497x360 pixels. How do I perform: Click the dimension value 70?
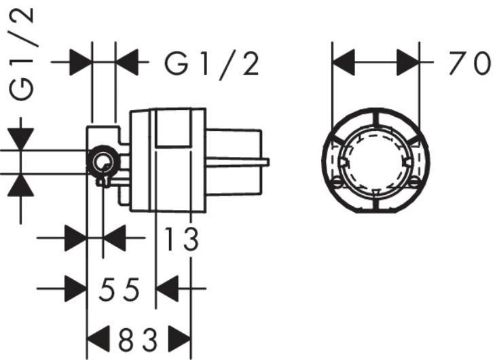click(468, 65)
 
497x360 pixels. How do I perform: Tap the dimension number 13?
click(182, 239)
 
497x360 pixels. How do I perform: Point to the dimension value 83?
click(139, 338)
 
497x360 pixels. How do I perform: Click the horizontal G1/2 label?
click(213, 65)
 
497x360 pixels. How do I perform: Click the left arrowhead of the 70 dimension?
click(344, 65)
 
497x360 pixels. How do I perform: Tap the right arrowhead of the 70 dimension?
click(407, 65)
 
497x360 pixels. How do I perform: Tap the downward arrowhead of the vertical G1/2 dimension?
click(22, 139)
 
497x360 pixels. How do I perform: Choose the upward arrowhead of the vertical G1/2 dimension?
click(22, 184)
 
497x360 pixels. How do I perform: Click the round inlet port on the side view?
click(103, 162)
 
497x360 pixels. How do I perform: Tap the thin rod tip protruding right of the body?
click(266, 162)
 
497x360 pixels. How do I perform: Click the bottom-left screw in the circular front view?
click(338, 181)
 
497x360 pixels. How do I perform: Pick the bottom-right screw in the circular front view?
click(414, 181)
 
